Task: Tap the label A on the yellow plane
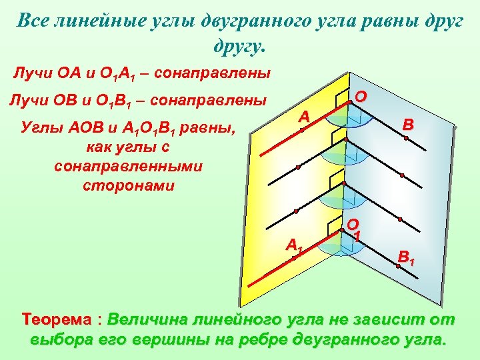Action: coord(304,117)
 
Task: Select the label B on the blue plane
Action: coord(408,125)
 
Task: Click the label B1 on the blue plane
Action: coord(405,255)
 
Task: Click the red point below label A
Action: coord(301,130)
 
